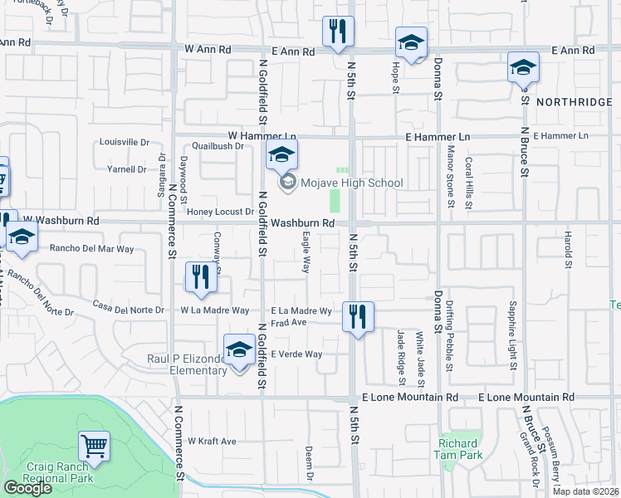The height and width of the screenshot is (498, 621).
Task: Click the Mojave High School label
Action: (x=351, y=183)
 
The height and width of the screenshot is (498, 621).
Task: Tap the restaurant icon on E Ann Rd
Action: (x=338, y=32)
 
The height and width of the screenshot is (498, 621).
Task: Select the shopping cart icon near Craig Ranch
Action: (x=94, y=446)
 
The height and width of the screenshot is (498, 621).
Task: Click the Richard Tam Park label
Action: (x=458, y=449)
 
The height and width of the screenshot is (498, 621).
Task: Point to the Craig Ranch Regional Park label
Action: (x=58, y=473)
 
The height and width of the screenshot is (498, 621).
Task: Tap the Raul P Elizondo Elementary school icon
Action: (x=239, y=350)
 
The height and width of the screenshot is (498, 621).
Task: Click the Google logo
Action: (x=28, y=488)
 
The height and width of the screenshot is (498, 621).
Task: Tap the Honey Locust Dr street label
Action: (x=219, y=212)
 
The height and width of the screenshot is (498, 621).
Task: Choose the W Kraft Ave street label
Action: (x=212, y=441)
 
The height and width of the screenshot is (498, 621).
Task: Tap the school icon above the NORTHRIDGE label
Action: (x=523, y=68)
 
